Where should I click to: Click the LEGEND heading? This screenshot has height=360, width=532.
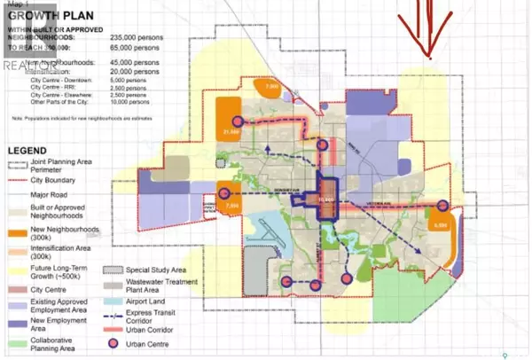[34, 152]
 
